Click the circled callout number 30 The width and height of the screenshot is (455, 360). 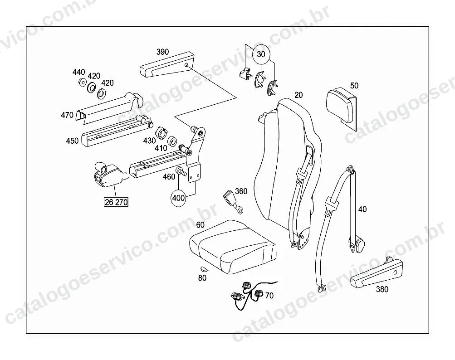(x=261, y=54)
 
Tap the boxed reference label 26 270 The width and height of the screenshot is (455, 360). (x=116, y=202)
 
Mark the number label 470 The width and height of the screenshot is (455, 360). (x=67, y=115)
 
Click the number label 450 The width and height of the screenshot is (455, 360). (x=72, y=141)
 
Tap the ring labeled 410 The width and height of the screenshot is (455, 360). (x=173, y=141)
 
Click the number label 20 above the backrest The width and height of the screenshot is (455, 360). (x=298, y=95)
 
